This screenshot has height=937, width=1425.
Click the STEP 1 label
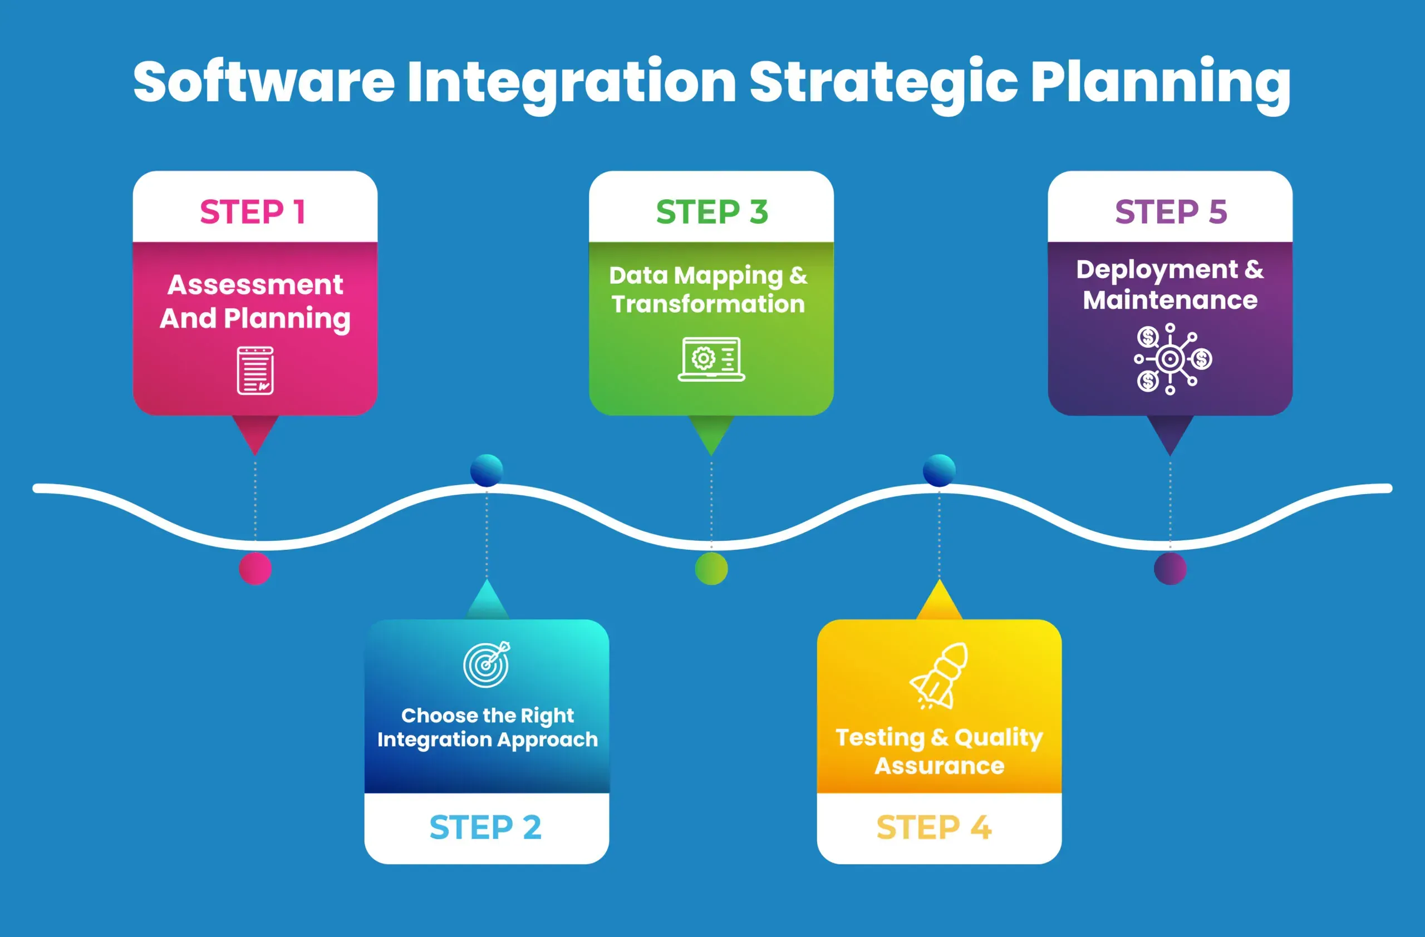click(253, 212)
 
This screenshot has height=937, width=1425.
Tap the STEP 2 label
click(485, 827)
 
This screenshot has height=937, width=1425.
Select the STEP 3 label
click(712, 212)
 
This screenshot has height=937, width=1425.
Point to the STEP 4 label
click(934, 827)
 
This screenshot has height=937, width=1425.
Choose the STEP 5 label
click(1171, 212)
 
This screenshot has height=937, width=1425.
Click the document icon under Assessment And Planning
click(255, 371)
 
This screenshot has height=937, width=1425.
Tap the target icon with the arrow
click(487, 664)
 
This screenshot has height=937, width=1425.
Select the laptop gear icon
click(711, 359)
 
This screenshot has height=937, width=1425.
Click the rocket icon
click(939, 676)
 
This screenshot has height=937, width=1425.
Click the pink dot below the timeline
click(255, 568)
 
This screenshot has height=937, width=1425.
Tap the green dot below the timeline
click(711, 568)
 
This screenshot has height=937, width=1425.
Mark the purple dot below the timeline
click(1170, 568)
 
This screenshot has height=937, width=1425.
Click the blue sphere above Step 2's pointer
click(487, 470)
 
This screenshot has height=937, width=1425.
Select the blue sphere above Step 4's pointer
click(939, 470)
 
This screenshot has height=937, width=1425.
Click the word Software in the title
click(264, 81)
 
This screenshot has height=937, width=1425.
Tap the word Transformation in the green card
click(708, 304)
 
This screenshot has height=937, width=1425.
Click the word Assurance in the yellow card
click(940, 766)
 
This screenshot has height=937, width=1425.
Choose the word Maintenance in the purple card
click(1170, 300)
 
